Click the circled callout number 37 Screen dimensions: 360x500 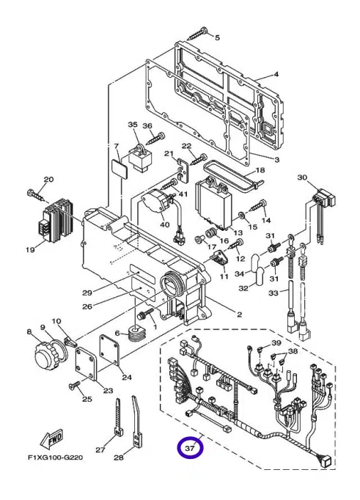tap(190, 448)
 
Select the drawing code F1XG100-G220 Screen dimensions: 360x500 tap(55, 457)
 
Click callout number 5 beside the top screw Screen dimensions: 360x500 tap(217, 37)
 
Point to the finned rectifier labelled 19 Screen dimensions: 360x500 tap(58, 219)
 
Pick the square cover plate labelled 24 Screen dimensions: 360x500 tap(110, 350)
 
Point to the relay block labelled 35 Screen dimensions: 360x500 tap(139, 157)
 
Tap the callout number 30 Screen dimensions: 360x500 tap(302, 177)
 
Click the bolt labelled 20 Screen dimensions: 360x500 tap(37, 196)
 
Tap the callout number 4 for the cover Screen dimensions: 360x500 tap(276, 74)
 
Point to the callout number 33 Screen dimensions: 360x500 tap(273, 293)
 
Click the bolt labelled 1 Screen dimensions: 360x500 tap(145, 313)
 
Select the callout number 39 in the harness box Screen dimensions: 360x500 tap(276, 343)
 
